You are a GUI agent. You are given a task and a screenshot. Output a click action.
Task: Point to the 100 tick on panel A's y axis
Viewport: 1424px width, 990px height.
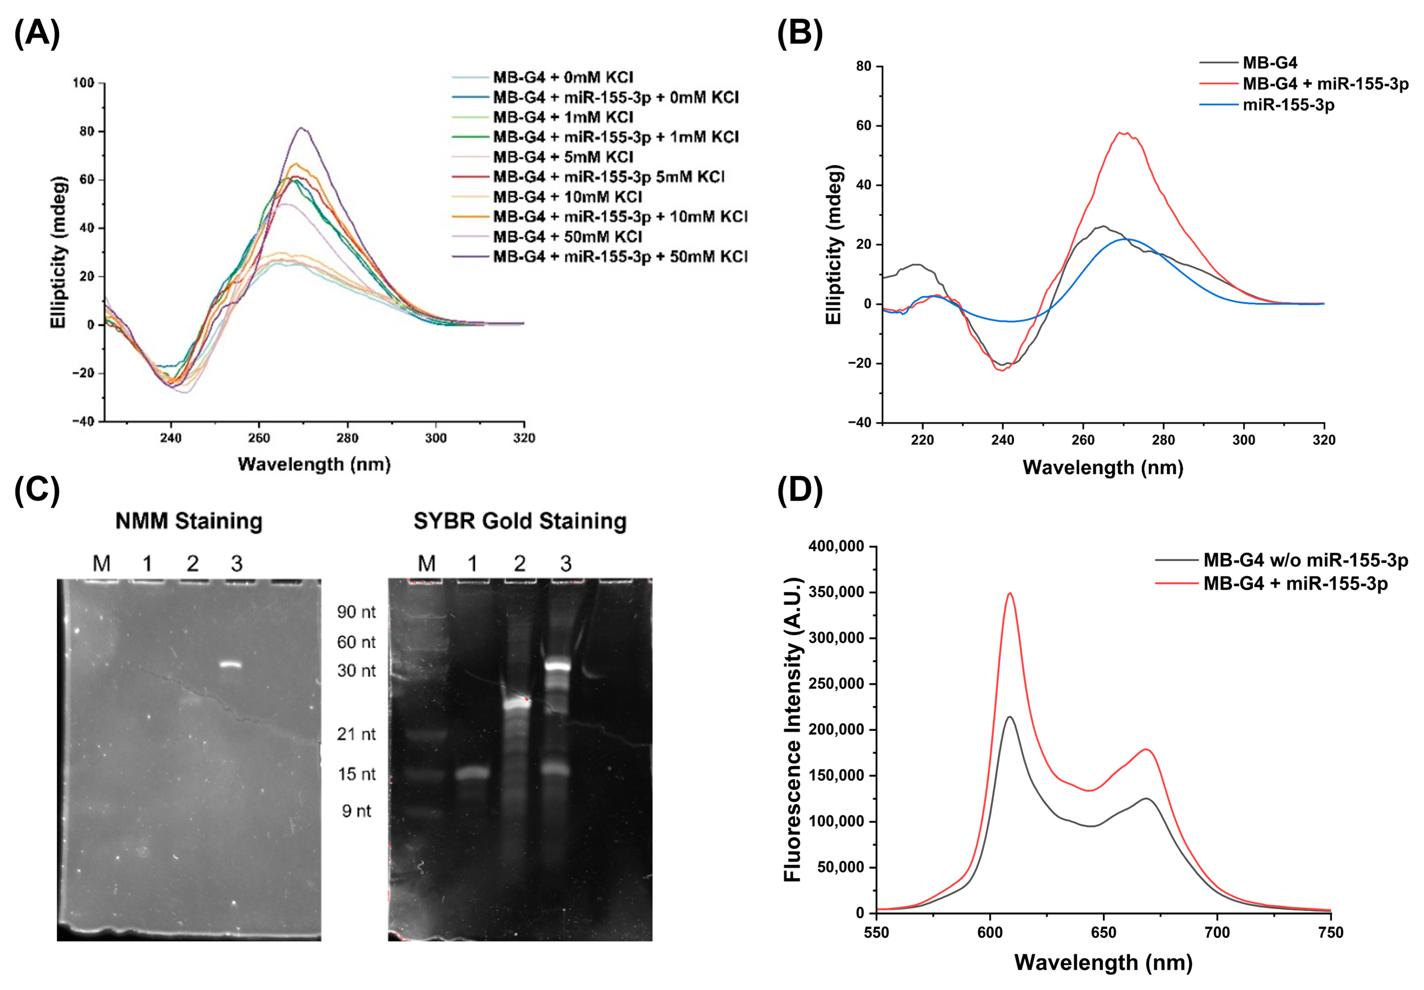click(84, 83)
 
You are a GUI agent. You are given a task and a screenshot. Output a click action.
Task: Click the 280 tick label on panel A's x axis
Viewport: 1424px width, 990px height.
click(347, 438)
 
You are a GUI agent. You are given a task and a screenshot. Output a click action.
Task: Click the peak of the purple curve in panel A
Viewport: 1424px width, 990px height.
click(301, 128)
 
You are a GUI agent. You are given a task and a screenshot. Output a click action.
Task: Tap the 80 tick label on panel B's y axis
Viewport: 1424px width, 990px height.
click(864, 66)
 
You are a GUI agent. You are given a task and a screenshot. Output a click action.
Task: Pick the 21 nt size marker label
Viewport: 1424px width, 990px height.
click(356, 734)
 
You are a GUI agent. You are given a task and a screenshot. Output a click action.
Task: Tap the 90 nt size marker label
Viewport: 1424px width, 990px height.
click(356, 612)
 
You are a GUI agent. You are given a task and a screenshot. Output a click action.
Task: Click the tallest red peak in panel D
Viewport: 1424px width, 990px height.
click(1010, 594)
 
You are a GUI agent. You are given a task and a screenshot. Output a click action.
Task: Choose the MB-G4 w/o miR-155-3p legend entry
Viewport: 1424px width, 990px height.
click(1305, 560)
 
